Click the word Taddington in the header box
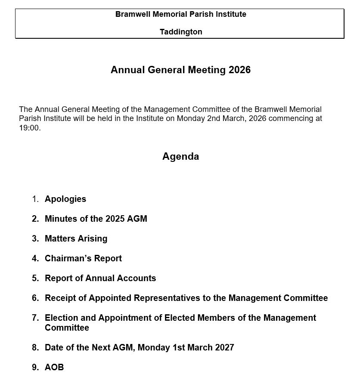(x=181, y=32)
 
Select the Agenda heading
(x=180, y=156)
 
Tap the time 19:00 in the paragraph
(x=29, y=128)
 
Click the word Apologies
(x=65, y=199)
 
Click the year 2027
(x=223, y=347)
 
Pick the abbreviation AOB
(x=54, y=367)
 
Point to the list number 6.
(x=35, y=298)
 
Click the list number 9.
(x=35, y=367)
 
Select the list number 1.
(x=35, y=199)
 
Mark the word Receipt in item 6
(x=61, y=298)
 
